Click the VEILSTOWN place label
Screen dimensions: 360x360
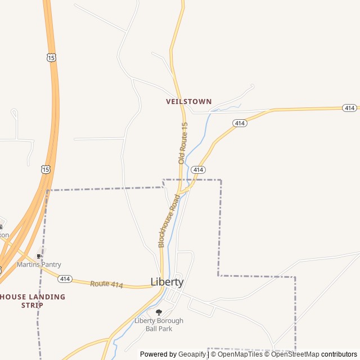[x=188, y=102]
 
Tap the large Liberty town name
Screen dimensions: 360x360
[x=167, y=282]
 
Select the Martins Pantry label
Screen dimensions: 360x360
[x=39, y=264]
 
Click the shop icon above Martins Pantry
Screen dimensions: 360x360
[x=39, y=256]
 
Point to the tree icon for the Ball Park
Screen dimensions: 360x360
[x=159, y=312]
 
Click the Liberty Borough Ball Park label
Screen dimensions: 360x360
[x=159, y=325]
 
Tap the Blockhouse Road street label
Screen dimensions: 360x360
[x=169, y=221]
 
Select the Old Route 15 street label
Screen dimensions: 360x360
[x=183, y=143]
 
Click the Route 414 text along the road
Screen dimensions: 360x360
[x=106, y=285]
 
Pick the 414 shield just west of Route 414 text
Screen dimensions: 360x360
[x=65, y=278]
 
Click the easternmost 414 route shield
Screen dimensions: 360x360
[x=349, y=107]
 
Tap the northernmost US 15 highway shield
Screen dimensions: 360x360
[x=52, y=57]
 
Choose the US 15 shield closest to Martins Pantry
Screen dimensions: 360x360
[x=46, y=169]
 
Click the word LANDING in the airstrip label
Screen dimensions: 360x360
[x=45, y=296]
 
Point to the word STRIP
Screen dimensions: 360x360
[x=32, y=305]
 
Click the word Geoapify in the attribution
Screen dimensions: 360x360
[x=192, y=354]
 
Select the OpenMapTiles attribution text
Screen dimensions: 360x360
[x=240, y=354]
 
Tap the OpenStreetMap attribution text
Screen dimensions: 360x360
[x=295, y=354]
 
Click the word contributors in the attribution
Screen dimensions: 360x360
[x=339, y=354]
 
